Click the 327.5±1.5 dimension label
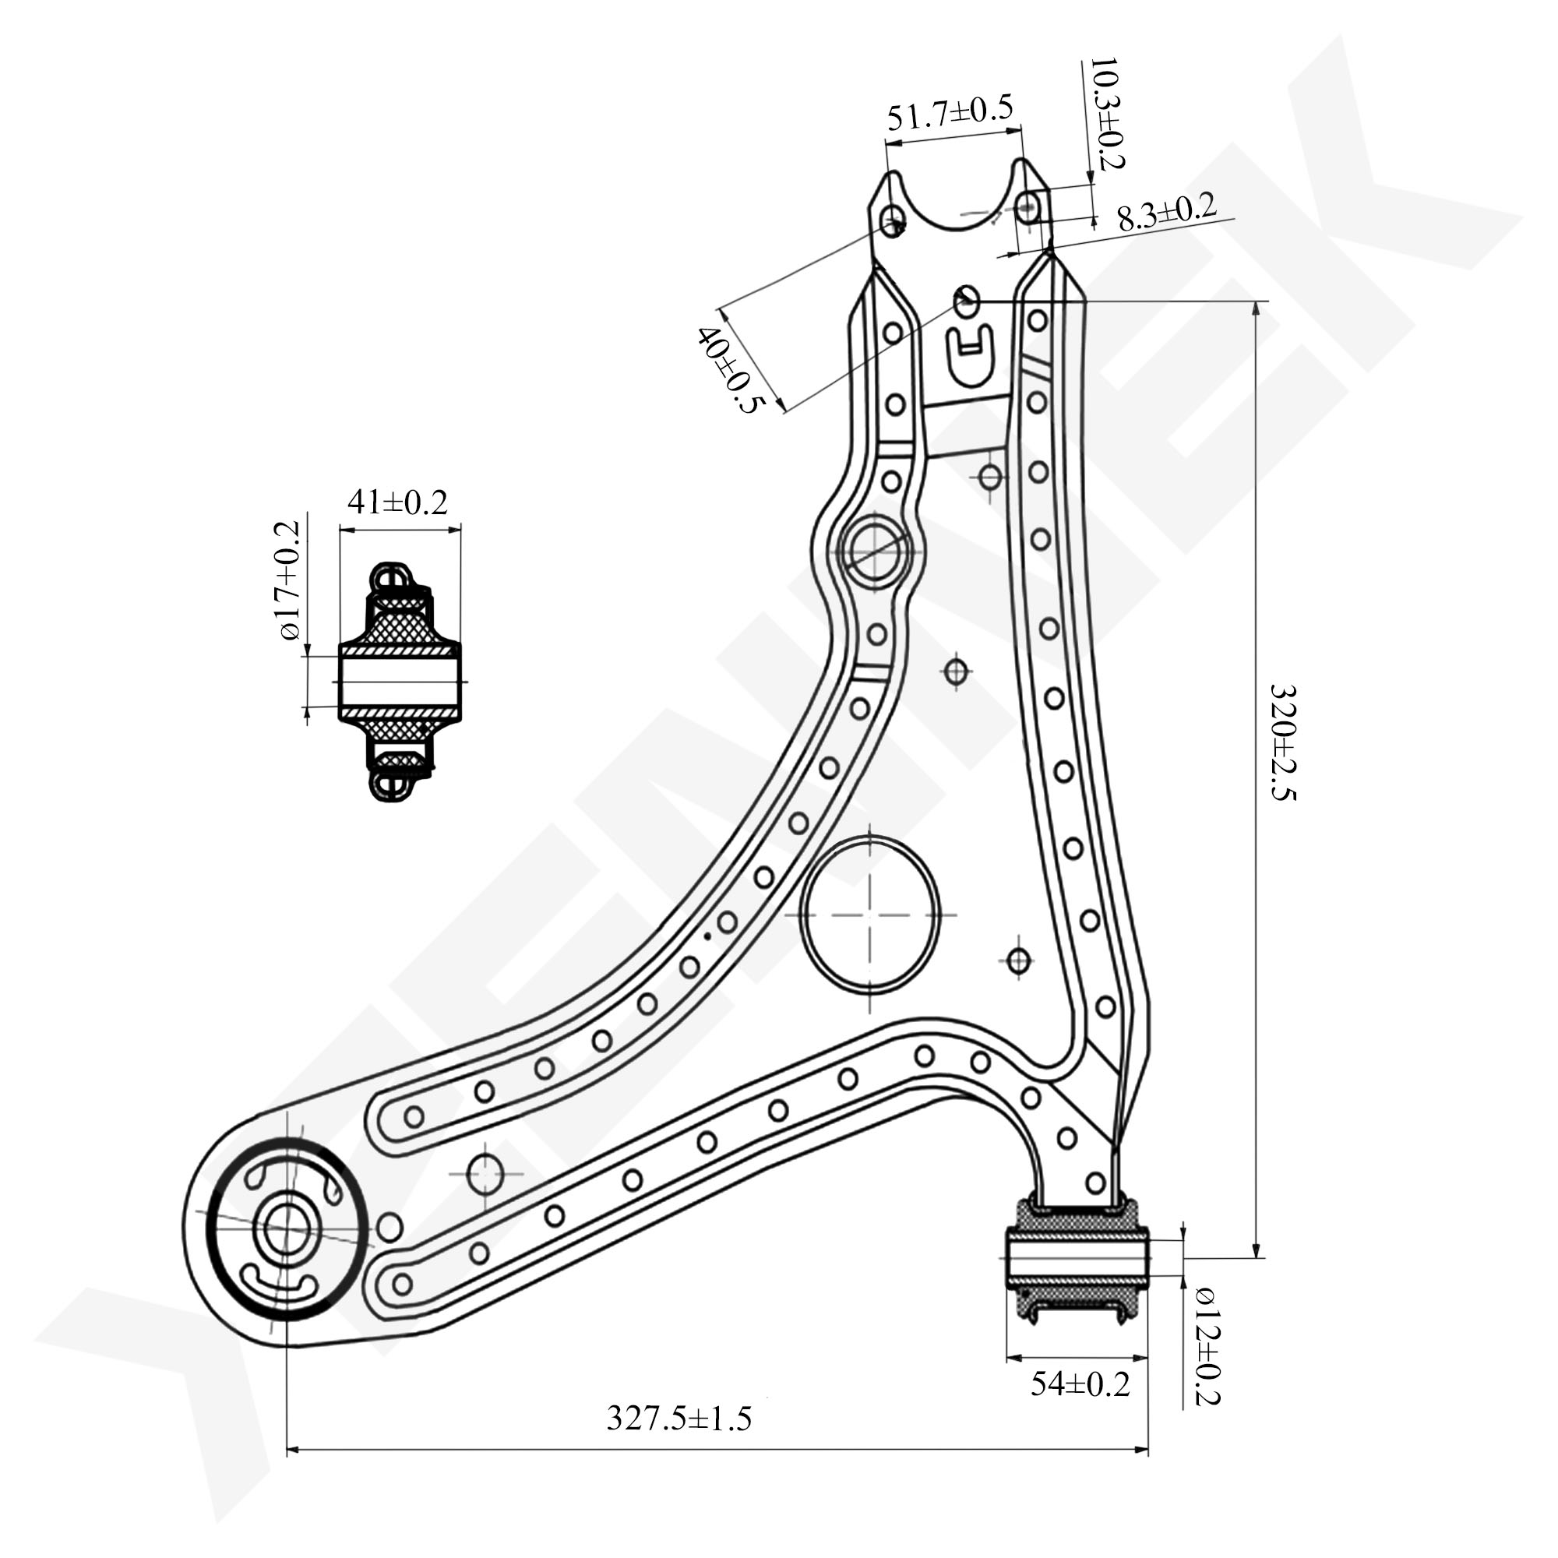pyautogui.click(x=679, y=1418)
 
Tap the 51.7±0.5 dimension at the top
pyautogui.click(x=949, y=115)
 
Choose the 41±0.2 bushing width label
pyautogui.click(x=397, y=502)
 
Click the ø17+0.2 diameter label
pyautogui.click(x=288, y=580)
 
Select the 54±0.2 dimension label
pyautogui.click(x=1080, y=1384)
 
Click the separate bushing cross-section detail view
pyautogui.click(x=397, y=682)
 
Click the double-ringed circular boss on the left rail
pyautogui.click(x=874, y=552)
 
